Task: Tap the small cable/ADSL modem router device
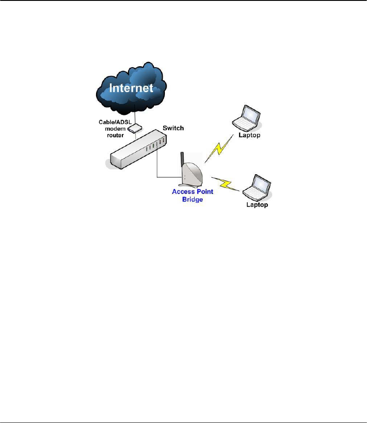(135, 128)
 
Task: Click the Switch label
(173, 128)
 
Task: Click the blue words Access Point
(191, 192)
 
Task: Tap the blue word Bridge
(191, 199)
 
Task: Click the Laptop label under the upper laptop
(249, 136)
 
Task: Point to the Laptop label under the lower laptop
(256, 205)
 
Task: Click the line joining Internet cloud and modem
(135, 118)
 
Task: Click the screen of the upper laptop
(251, 115)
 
